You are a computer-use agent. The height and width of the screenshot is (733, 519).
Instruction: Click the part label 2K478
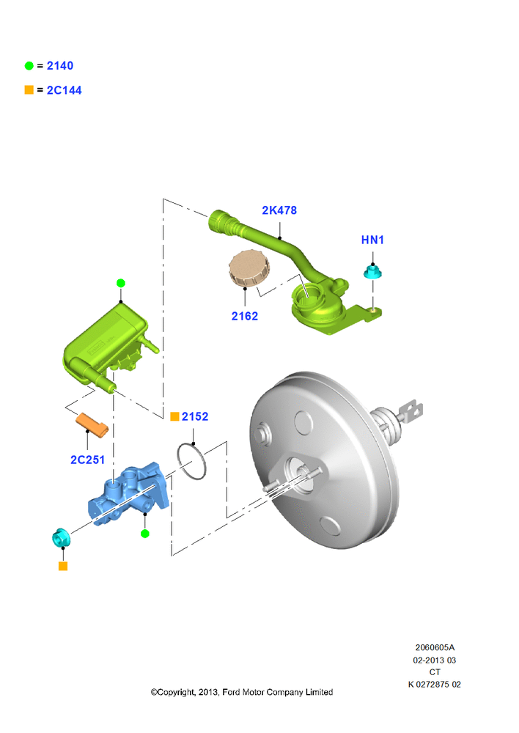click(x=279, y=210)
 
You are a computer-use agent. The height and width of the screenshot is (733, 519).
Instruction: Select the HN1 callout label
click(x=372, y=240)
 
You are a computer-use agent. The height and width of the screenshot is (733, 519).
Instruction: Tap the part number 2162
click(x=245, y=316)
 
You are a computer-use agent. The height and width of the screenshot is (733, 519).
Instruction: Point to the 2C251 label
click(x=87, y=460)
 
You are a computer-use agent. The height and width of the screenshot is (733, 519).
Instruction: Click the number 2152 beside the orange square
click(x=195, y=416)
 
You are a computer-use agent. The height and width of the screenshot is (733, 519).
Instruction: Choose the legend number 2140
click(x=60, y=66)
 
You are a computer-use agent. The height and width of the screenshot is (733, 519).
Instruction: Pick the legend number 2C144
click(x=64, y=90)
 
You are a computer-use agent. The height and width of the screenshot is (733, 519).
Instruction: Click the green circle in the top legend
click(x=29, y=66)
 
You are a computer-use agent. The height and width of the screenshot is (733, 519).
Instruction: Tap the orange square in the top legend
click(x=29, y=89)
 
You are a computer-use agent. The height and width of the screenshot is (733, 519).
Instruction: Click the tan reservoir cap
click(x=249, y=268)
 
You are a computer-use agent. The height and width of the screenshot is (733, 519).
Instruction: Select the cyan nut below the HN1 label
click(x=372, y=272)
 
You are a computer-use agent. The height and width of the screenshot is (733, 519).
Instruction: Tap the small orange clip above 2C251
click(x=92, y=425)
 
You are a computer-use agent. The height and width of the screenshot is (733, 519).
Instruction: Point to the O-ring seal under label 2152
click(x=192, y=461)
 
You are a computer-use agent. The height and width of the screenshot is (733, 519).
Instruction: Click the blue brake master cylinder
click(x=128, y=494)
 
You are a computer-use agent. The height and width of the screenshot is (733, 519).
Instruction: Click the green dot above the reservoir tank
click(x=121, y=283)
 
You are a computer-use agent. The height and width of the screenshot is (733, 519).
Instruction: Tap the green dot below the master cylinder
click(x=145, y=534)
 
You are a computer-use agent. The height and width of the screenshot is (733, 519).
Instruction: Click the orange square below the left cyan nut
click(x=63, y=567)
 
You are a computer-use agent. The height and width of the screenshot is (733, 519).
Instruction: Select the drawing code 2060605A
click(x=435, y=648)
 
